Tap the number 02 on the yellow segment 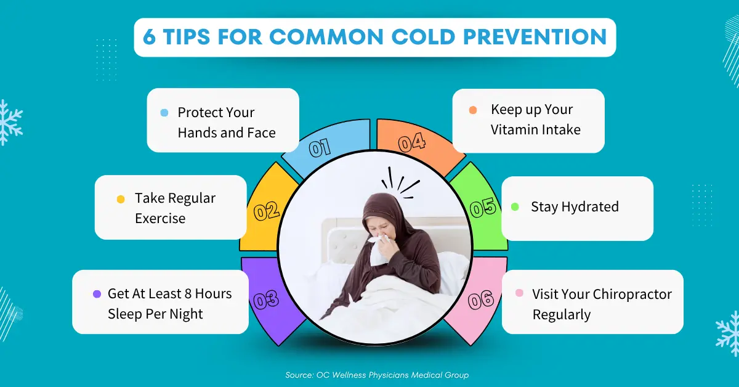click(x=267, y=212)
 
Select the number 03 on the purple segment click(x=267, y=300)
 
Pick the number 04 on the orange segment click(x=412, y=143)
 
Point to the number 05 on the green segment click(x=483, y=208)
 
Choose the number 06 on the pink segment click(x=481, y=300)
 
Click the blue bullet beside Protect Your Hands click(x=164, y=113)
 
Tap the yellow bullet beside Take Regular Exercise click(x=121, y=199)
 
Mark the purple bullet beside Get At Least click(x=97, y=294)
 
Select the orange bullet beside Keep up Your click(x=473, y=110)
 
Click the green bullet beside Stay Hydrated click(x=515, y=206)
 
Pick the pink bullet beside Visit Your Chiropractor click(x=519, y=294)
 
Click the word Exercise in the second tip click(x=160, y=218)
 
